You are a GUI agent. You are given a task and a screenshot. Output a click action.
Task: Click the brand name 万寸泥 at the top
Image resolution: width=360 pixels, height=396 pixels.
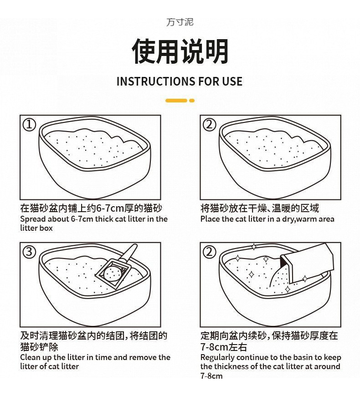click(x=180, y=22)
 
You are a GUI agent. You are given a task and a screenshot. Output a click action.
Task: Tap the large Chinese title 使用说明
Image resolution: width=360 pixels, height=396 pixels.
click(x=180, y=51)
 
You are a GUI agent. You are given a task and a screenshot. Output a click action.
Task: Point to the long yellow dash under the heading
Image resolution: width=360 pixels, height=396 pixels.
click(x=176, y=101)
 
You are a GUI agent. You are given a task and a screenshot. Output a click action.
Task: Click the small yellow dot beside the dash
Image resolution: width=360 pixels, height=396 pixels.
click(x=192, y=101)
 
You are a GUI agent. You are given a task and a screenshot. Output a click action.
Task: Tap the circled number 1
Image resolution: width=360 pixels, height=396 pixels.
click(x=30, y=125)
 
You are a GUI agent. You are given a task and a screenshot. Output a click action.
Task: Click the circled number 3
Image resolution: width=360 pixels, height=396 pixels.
click(x=30, y=252)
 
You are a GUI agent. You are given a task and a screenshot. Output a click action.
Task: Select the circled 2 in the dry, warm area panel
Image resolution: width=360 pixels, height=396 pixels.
click(x=210, y=125)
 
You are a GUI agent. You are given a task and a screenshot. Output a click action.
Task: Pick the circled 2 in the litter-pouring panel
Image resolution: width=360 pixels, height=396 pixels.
click(x=210, y=252)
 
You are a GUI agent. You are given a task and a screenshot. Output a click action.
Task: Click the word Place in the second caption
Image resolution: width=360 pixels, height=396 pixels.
click(x=210, y=219)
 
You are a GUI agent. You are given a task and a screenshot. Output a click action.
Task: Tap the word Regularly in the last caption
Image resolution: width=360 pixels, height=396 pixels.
click(x=217, y=357)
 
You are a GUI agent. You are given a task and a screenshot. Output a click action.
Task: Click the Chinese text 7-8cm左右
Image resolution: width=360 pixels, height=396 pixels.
click(x=223, y=347)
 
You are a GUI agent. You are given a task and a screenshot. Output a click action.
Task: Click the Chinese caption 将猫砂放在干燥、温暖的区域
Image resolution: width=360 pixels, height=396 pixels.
click(x=260, y=208)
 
